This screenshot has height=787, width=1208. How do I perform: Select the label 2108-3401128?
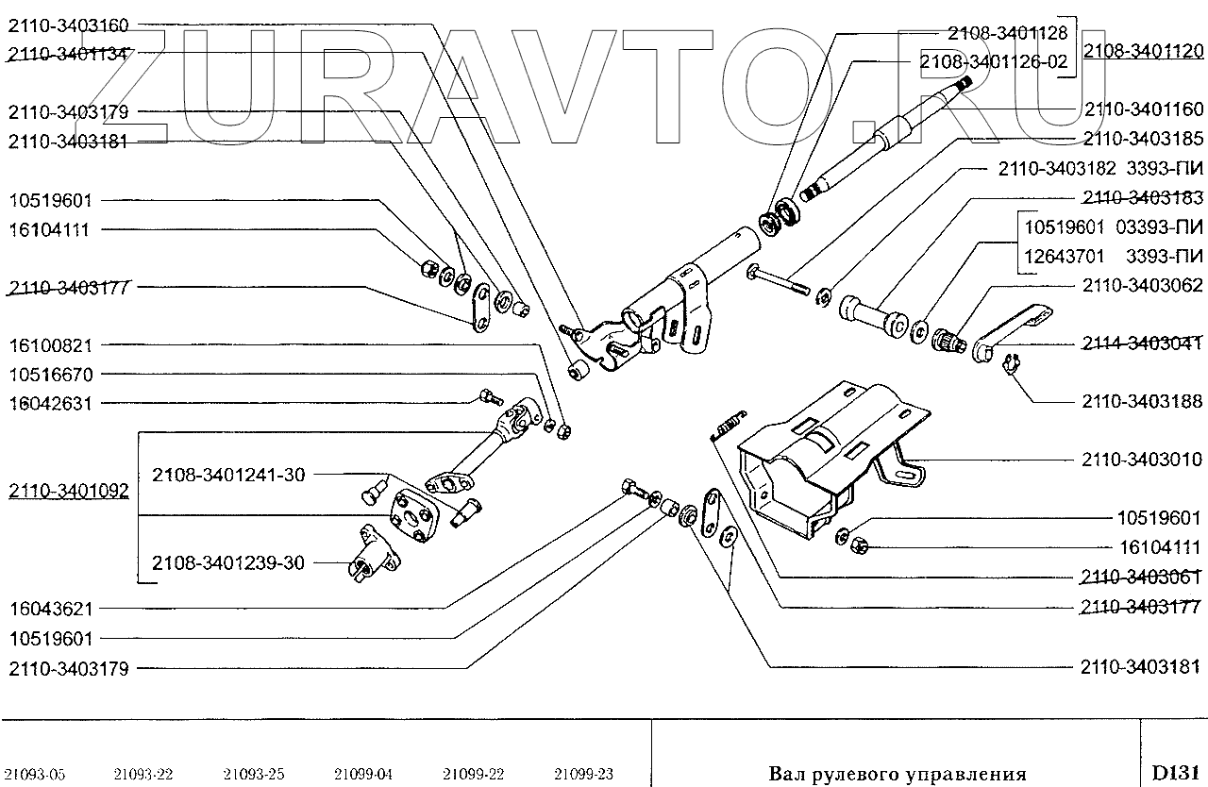pyautogui.click(x=1007, y=33)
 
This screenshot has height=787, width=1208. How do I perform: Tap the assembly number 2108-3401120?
pyautogui.click(x=1143, y=51)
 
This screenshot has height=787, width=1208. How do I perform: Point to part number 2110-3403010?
pyautogui.click(x=1142, y=460)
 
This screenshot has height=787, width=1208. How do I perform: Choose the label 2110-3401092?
pyautogui.click(x=69, y=491)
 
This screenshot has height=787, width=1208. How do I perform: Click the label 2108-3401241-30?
pyautogui.click(x=227, y=475)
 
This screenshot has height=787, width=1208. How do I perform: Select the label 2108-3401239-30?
pyautogui.click(x=227, y=563)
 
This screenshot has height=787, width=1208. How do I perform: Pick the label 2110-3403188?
pyautogui.click(x=1142, y=401)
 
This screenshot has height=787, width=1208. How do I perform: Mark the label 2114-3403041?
pyautogui.click(x=1142, y=343)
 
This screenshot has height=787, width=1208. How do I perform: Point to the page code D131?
pyautogui.click(x=1173, y=772)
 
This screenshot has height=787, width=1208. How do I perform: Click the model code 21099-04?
pyautogui.click(x=363, y=775)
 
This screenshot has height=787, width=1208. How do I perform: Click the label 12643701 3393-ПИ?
pyautogui.click(x=1114, y=256)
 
